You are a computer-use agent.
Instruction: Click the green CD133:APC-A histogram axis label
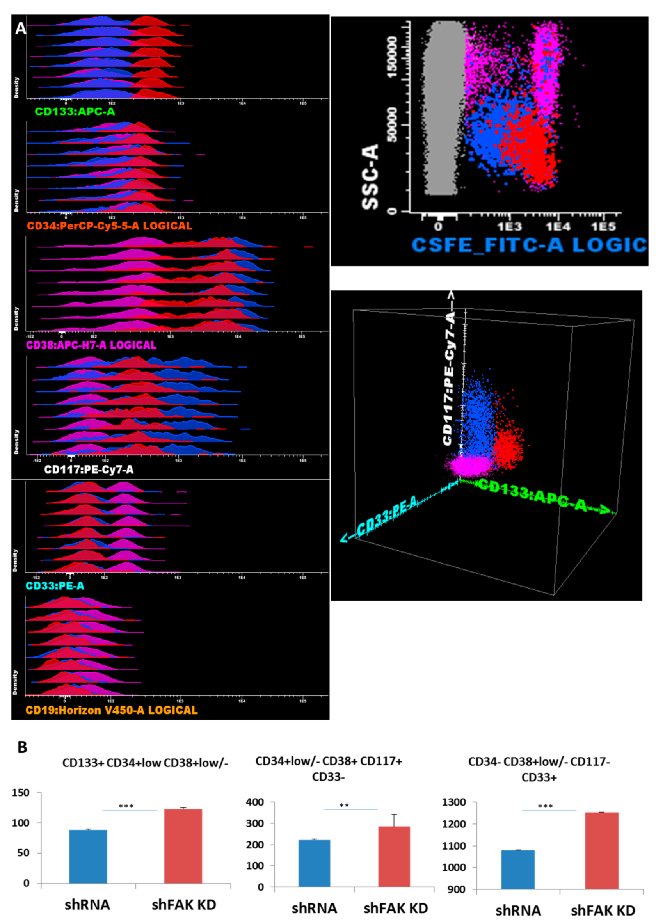click(x=75, y=112)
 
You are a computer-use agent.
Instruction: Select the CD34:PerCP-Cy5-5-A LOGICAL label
click(x=110, y=226)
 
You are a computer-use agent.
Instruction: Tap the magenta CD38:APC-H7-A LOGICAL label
click(x=91, y=345)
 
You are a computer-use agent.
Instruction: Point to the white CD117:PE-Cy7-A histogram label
click(x=89, y=470)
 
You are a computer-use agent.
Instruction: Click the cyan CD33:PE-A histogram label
click(x=55, y=585)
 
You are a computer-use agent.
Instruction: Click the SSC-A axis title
click(x=370, y=176)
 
